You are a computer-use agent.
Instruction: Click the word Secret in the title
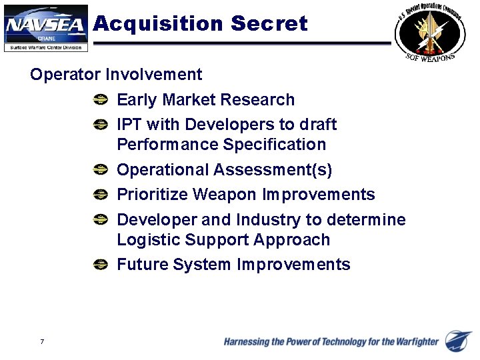tap(269, 24)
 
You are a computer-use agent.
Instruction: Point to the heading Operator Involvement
tap(116, 74)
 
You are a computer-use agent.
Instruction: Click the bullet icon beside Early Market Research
tap(100, 100)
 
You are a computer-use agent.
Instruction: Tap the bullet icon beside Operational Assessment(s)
tap(100, 170)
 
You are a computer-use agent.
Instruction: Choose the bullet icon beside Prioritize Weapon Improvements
tap(100, 195)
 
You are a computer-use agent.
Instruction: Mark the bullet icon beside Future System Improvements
tap(100, 265)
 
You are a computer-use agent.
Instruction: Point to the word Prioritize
tap(153, 195)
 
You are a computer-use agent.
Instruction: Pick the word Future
tap(142, 265)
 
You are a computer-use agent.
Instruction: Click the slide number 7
tap(42, 342)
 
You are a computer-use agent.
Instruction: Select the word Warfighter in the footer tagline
tap(413, 342)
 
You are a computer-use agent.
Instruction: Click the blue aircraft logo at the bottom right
tap(459, 341)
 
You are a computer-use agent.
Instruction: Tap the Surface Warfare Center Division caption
tap(45, 47)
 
